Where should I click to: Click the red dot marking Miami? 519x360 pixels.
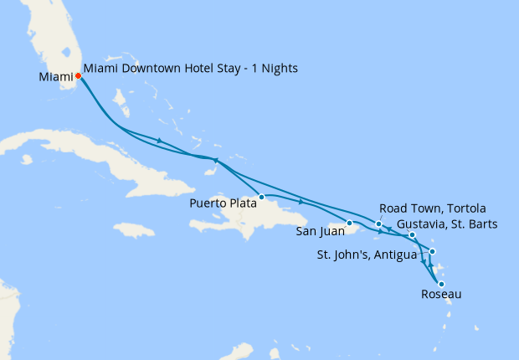[x=79, y=75]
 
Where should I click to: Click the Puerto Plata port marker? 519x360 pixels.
[x=262, y=198]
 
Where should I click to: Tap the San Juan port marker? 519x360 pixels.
[x=350, y=223]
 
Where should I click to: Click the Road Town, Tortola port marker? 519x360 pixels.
[x=379, y=224]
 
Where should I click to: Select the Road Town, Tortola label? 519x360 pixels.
[x=432, y=208]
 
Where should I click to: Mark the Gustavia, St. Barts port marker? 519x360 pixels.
[x=412, y=235]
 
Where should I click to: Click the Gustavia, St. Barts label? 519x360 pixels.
[x=448, y=224]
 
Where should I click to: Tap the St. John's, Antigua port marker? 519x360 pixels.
[x=432, y=251]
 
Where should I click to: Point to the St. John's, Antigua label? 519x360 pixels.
[x=366, y=255]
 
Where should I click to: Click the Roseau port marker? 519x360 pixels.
[x=441, y=284]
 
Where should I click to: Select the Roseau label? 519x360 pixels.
[x=440, y=295]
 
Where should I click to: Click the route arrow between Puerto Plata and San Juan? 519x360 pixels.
[x=301, y=201]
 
